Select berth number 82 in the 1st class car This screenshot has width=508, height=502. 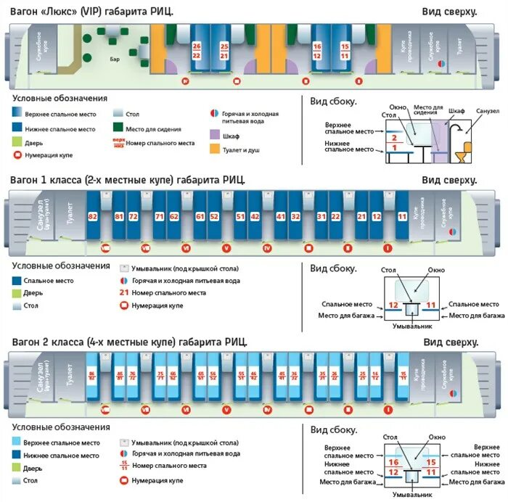point(92,217)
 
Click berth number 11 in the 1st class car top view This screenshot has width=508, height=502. point(402,217)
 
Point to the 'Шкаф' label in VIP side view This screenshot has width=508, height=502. point(456,112)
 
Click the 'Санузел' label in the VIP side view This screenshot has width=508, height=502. point(487,112)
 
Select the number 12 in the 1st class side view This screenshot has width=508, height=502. point(393,305)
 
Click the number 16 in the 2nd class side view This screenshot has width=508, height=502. point(394,462)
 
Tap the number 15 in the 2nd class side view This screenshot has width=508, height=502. point(431,462)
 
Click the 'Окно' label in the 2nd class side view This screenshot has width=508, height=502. point(437,437)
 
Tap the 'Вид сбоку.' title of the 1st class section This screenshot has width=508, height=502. point(334,268)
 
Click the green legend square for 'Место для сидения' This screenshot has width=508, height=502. point(118,129)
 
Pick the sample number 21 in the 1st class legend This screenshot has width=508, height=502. point(125,293)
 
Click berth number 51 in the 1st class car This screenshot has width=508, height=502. point(240,217)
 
